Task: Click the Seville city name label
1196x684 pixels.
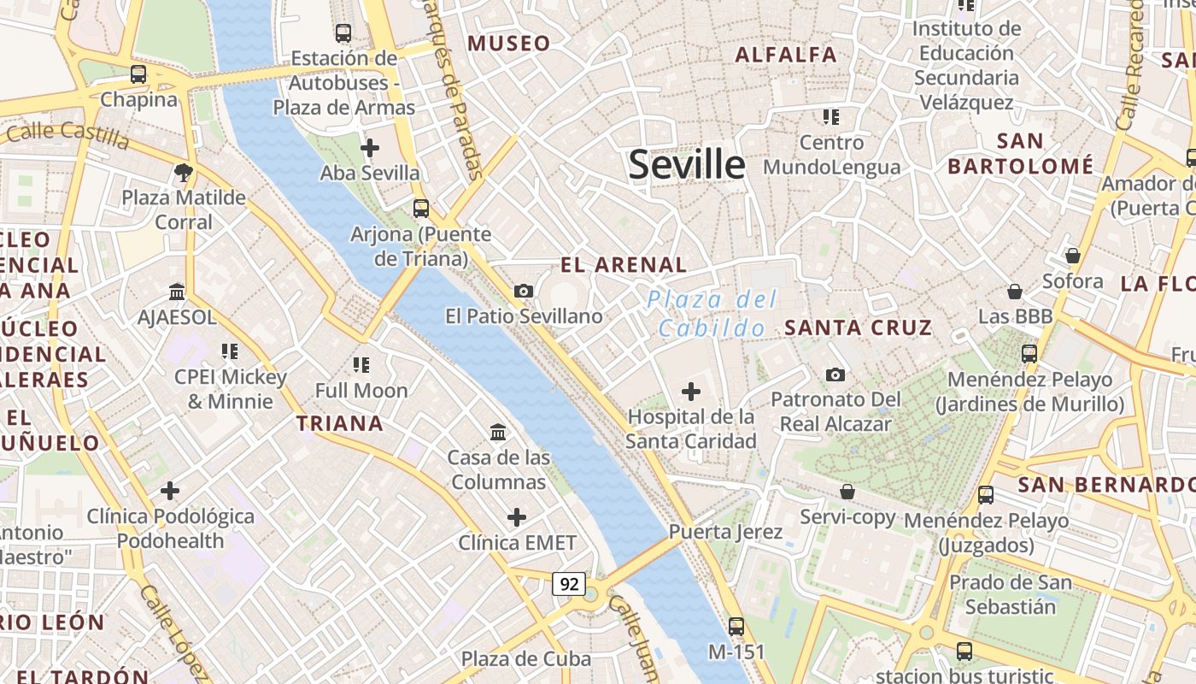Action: tap(687, 164)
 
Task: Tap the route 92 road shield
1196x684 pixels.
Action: tap(568, 584)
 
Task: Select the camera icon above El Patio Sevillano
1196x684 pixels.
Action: tap(524, 292)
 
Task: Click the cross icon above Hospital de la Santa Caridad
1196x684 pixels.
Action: tap(690, 392)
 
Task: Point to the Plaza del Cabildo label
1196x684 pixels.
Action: tap(712, 313)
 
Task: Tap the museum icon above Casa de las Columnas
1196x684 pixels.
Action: tap(498, 433)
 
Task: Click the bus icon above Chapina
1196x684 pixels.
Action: tap(138, 74)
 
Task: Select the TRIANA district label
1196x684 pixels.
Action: tap(339, 423)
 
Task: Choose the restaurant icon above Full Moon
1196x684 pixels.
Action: tap(361, 365)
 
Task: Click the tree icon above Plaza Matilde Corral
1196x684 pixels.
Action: tap(183, 173)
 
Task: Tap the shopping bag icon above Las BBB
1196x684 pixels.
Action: tap(1015, 292)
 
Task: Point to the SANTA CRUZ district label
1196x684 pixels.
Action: tap(858, 327)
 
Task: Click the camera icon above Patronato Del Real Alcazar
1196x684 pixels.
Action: tap(835, 374)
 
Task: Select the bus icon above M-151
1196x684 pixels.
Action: tap(736, 626)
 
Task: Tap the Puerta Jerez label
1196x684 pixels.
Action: tap(725, 532)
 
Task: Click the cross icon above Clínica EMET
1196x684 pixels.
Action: tap(517, 517)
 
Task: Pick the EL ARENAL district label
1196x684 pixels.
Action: tap(624, 265)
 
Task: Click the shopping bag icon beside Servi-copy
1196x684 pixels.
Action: tap(847, 492)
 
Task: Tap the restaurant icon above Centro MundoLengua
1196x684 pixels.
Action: tap(830, 117)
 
